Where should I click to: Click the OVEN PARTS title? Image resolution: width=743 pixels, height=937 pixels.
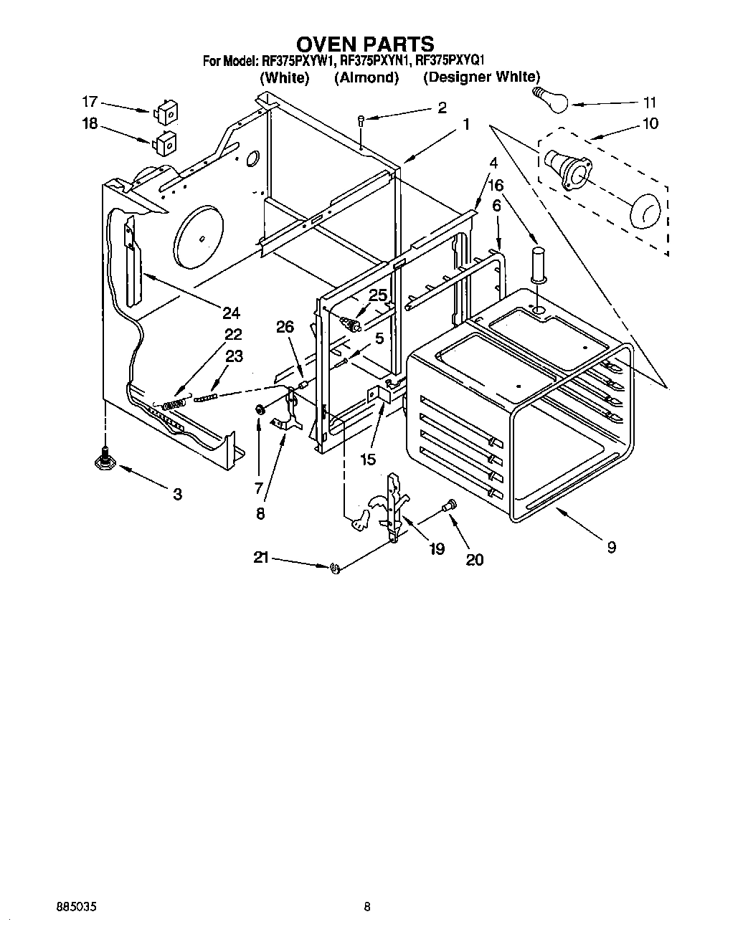click(366, 44)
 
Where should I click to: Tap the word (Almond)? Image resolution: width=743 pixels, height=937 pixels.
click(366, 77)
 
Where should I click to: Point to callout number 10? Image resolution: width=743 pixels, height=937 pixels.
click(650, 123)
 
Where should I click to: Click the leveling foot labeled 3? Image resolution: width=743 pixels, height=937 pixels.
click(105, 461)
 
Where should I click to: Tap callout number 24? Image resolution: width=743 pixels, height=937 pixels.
click(231, 313)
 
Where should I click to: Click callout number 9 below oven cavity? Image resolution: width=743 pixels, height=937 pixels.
click(611, 547)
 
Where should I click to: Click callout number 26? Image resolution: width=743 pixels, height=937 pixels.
click(285, 328)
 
